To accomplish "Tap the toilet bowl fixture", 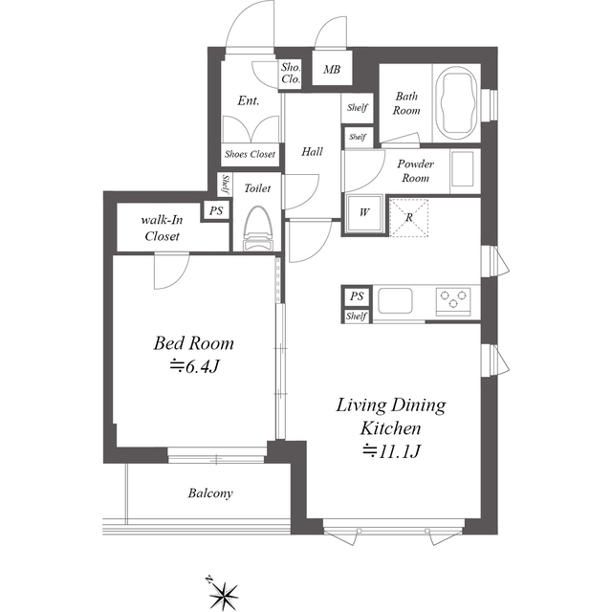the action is point(257,229).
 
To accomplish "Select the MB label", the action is point(332,70).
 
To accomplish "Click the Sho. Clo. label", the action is point(291,74).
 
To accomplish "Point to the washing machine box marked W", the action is point(363,213).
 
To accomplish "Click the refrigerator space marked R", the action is point(408,217).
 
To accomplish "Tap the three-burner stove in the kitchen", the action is point(453,299).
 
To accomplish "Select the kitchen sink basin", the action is point(395,300).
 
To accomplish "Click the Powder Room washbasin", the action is point(462,169).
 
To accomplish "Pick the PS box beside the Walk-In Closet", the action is point(216,211).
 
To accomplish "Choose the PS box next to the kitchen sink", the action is point(357,296).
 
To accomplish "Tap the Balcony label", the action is point(210,493).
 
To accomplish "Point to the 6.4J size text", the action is point(194,366).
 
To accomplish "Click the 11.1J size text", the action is point(391,451).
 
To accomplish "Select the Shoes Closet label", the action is point(250,154).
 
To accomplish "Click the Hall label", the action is point(312,151).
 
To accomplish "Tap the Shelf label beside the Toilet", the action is point(226,185).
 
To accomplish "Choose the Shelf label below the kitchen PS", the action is point(357,317).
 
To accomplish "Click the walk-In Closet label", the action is point(162,229).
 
